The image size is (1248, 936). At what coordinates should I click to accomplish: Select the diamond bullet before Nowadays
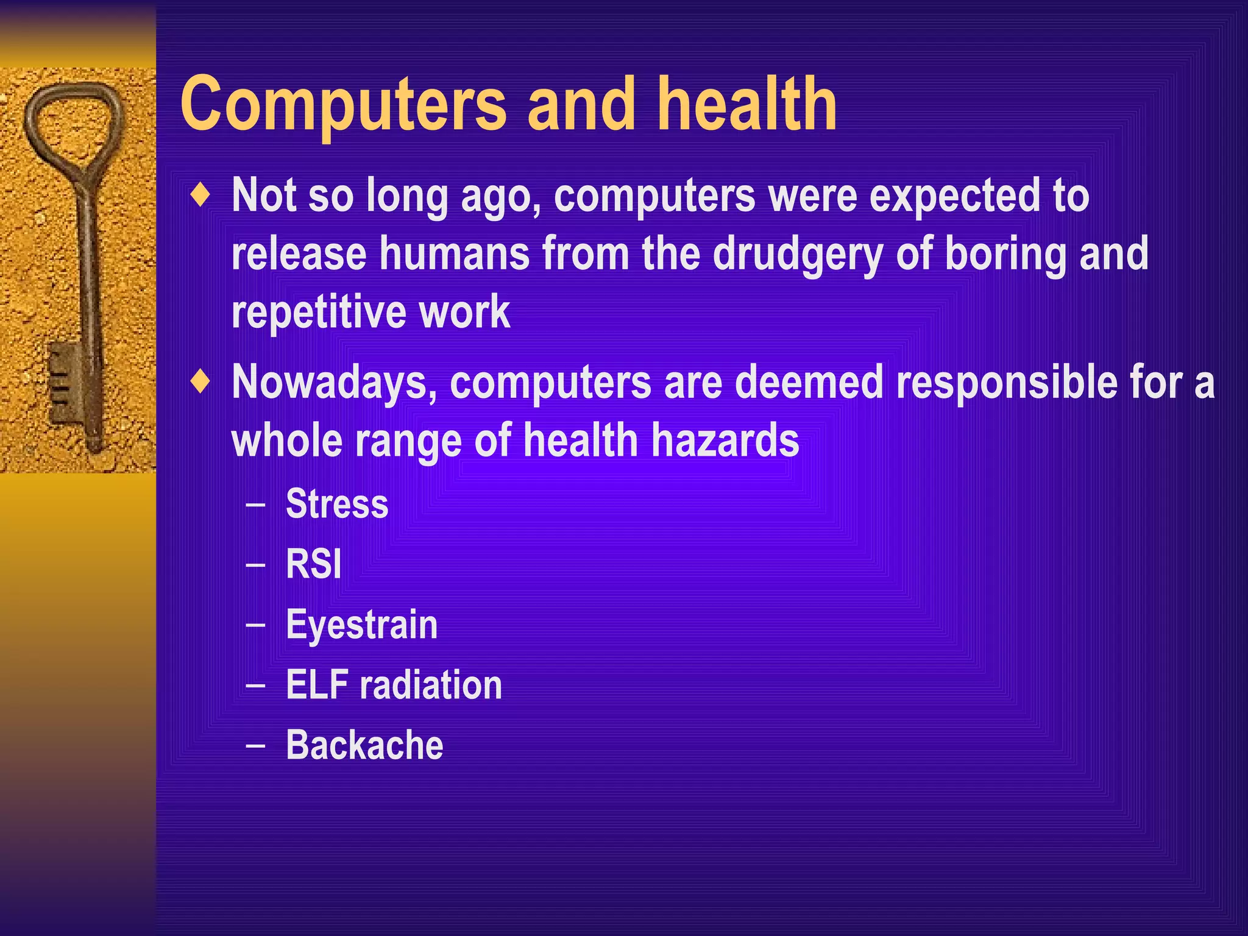200,383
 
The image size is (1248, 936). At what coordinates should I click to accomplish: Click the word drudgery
798,255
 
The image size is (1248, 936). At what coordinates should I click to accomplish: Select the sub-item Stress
337,504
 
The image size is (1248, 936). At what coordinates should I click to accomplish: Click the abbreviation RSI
314,564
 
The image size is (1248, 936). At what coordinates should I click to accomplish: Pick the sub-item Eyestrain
362,625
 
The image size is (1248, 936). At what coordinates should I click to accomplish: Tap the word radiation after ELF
431,685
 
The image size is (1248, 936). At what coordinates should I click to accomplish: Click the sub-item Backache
364,745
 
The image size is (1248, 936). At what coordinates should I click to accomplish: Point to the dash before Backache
256,745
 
